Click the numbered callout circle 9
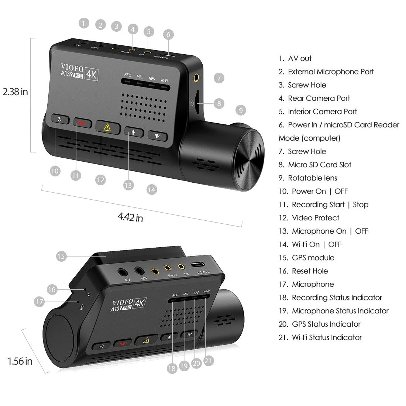(x=241, y=110)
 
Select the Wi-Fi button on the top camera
(x=157, y=135)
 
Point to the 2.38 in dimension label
(x=15, y=92)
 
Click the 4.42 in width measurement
(x=130, y=217)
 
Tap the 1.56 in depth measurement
(x=20, y=361)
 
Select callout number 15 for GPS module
(x=61, y=256)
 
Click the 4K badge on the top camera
(x=91, y=74)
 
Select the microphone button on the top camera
(x=133, y=131)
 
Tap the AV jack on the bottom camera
(x=123, y=272)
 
